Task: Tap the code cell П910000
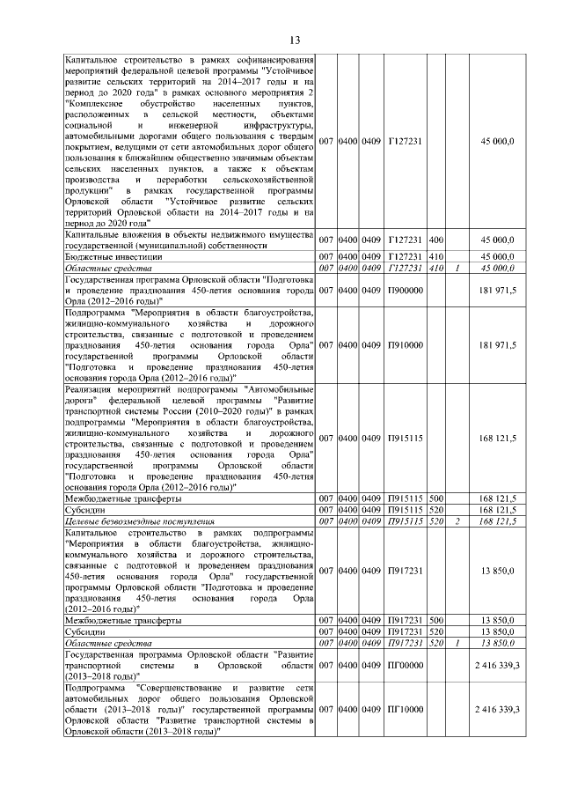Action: pos(406,345)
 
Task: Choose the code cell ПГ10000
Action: pos(406,707)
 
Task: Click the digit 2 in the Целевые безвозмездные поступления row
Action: pos(457,522)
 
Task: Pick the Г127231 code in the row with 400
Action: pos(406,240)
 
